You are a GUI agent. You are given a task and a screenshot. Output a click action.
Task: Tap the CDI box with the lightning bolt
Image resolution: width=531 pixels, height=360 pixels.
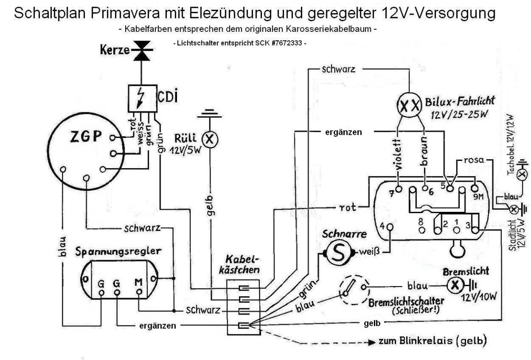pos(142,99)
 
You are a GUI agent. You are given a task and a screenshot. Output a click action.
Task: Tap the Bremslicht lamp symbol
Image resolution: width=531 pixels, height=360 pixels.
pos(453,286)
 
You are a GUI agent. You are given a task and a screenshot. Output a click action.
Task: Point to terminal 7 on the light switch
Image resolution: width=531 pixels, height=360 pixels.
pos(399,189)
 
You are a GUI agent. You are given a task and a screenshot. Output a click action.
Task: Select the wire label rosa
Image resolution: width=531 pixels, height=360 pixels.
pos(474,159)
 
